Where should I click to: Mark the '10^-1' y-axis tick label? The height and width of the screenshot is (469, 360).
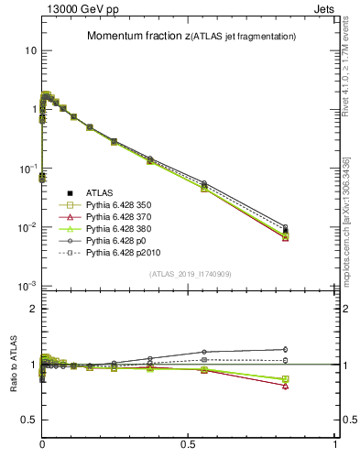pyautogui.click(x=27, y=169)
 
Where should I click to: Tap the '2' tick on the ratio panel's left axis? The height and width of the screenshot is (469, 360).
pyautogui.click(x=32, y=309)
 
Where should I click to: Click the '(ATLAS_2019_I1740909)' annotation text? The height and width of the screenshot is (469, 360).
pyautogui.click(x=190, y=274)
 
